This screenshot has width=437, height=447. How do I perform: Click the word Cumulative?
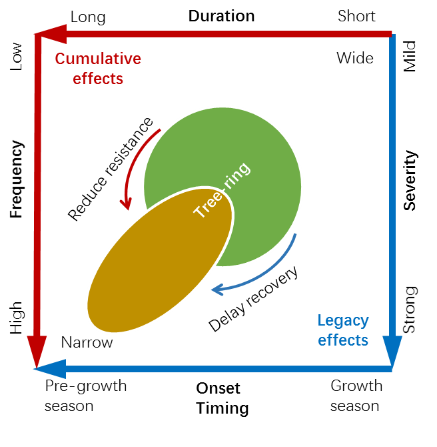[98, 59]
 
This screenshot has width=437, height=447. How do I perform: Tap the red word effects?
[98, 79]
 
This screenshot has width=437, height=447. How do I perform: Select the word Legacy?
[342, 320]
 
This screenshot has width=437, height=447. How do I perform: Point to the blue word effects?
[342, 340]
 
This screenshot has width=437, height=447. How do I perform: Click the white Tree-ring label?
[221, 190]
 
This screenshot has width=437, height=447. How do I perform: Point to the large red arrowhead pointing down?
[37, 350]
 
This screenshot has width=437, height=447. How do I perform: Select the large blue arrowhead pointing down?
[392, 350]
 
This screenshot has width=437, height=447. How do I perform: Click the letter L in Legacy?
[321, 320]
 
